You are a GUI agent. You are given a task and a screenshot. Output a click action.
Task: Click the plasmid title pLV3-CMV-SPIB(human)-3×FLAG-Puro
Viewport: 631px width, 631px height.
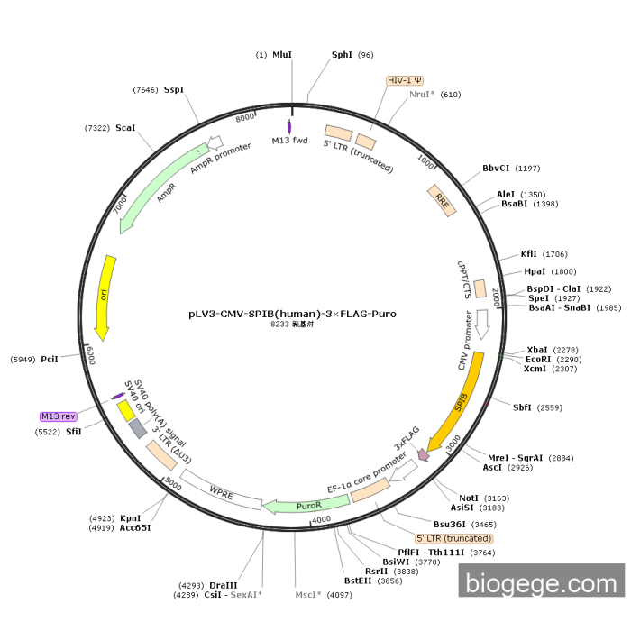[292, 315]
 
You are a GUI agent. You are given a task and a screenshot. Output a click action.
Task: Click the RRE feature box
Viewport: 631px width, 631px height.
[442, 199]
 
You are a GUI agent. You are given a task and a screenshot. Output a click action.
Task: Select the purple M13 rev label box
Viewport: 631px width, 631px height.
[57, 416]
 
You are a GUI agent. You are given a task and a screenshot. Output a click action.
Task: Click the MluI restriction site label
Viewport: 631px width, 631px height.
[282, 55]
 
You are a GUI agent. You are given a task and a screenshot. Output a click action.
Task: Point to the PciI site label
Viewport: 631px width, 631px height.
[50, 360]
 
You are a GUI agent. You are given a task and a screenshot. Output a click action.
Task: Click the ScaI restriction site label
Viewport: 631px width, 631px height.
[125, 128]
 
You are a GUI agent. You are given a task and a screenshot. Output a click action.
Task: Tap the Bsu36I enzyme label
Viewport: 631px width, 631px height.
[449, 524]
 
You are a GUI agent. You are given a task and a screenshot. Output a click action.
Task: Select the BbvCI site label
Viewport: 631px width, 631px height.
[496, 168]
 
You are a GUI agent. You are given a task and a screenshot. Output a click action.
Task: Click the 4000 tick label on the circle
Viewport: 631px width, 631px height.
[322, 520]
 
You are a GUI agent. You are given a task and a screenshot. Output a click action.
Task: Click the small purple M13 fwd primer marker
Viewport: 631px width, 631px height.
[289, 127]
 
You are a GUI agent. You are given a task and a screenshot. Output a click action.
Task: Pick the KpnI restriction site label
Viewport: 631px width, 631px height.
[131, 518]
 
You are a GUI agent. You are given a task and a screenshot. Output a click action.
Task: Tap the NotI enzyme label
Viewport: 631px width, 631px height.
[469, 498]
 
